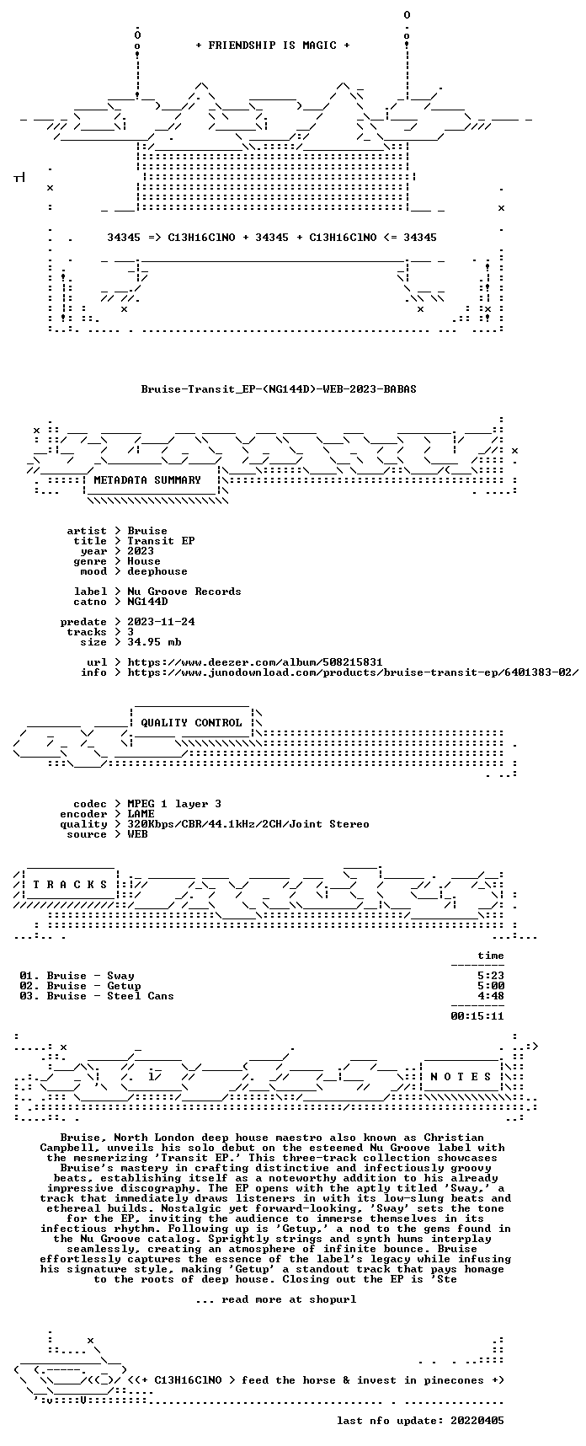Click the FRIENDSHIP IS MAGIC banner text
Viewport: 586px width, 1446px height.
pyautogui.click(x=272, y=46)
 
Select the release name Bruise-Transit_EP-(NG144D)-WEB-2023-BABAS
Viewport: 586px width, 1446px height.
pyautogui.click(x=279, y=389)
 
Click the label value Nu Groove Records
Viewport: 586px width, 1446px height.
pyautogui.click(x=184, y=592)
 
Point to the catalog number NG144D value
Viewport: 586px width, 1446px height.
pyautogui.click(x=147, y=602)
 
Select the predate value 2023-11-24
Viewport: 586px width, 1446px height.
pyautogui.click(x=161, y=622)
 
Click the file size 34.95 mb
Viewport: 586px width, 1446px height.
pyautogui.click(x=154, y=642)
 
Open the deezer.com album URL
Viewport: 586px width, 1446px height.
pyautogui.click(x=255, y=662)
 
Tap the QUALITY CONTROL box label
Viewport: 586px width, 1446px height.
pyautogui.click(x=191, y=723)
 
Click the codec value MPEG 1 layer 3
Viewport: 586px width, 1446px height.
pyautogui.click(x=174, y=804)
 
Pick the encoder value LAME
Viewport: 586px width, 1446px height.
pyautogui.click(x=141, y=814)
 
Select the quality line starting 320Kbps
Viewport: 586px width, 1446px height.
pyautogui.click(x=248, y=824)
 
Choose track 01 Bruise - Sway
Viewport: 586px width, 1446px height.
pyautogui.click(x=77, y=976)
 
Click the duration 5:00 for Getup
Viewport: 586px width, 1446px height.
pyautogui.click(x=491, y=986)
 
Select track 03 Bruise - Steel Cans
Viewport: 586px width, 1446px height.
pyautogui.click(x=97, y=996)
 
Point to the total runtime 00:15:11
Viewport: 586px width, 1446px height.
pyautogui.click(x=477, y=1016)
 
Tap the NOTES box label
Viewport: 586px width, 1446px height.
pyautogui.click(x=461, y=1077)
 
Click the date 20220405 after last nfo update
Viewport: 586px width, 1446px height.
pyautogui.click(x=477, y=1421)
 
